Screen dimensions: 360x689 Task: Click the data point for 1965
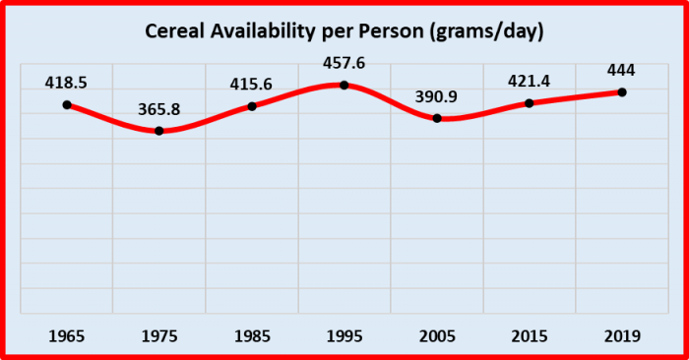click(66, 105)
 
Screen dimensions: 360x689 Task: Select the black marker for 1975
click(158, 131)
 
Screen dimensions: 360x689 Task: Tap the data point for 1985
click(252, 106)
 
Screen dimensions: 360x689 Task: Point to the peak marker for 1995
click(344, 85)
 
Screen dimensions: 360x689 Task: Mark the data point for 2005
click(437, 118)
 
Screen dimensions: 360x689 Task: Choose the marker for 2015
click(530, 103)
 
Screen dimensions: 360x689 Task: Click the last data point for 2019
click(622, 92)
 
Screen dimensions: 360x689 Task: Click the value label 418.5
click(66, 84)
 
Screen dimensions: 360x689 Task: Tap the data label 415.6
click(252, 86)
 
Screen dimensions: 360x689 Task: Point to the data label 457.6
click(344, 64)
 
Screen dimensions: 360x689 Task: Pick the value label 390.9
click(437, 97)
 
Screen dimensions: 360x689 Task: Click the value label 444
click(622, 72)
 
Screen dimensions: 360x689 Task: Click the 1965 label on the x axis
click(66, 336)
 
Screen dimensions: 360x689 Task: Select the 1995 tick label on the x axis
click(344, 336)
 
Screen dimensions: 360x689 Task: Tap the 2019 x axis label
click(622, 336)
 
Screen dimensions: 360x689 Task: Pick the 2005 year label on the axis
click(437, 336)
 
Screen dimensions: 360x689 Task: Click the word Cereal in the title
click(174, 32)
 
